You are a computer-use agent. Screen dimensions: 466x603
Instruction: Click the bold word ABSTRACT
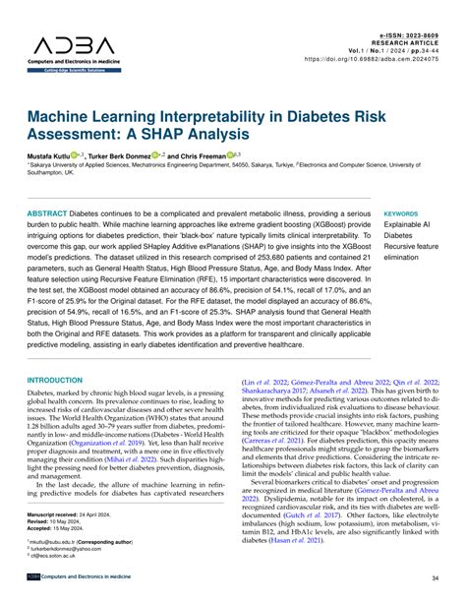coord(47,213)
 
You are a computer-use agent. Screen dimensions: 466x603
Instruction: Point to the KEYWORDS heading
coord(400,213)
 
